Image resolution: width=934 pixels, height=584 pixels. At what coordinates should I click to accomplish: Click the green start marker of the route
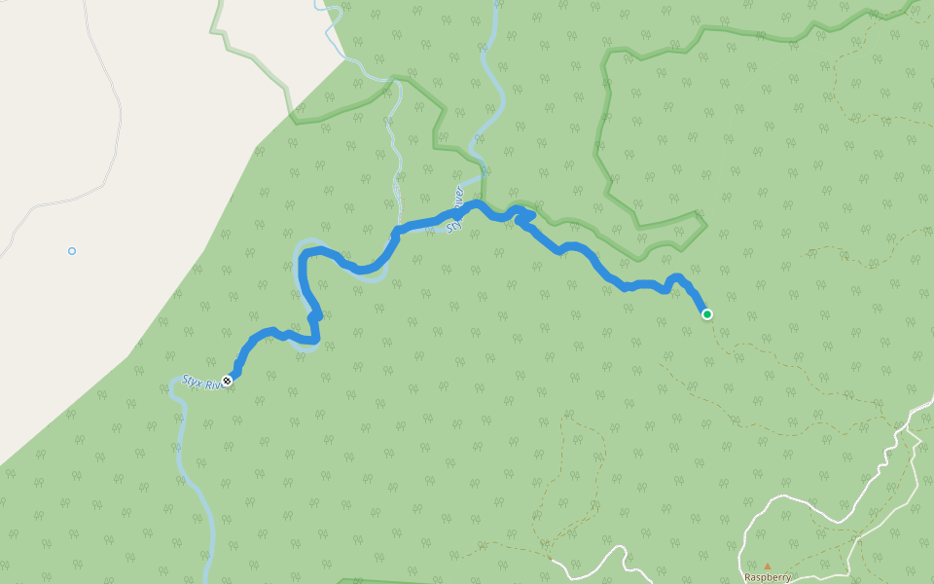click(x=706, y=313)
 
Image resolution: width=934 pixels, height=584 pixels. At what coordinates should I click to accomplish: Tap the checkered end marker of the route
click(x=227, y=381)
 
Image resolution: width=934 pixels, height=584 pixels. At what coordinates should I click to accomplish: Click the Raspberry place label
click(x=768, y=576)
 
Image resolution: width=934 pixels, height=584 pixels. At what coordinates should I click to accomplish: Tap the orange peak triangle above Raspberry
click(x=767, y=566)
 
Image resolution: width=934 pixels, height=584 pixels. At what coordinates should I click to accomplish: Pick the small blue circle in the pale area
click(x=72, y=251)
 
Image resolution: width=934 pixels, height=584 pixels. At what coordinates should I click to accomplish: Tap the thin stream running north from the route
click(x=397, y=165)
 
